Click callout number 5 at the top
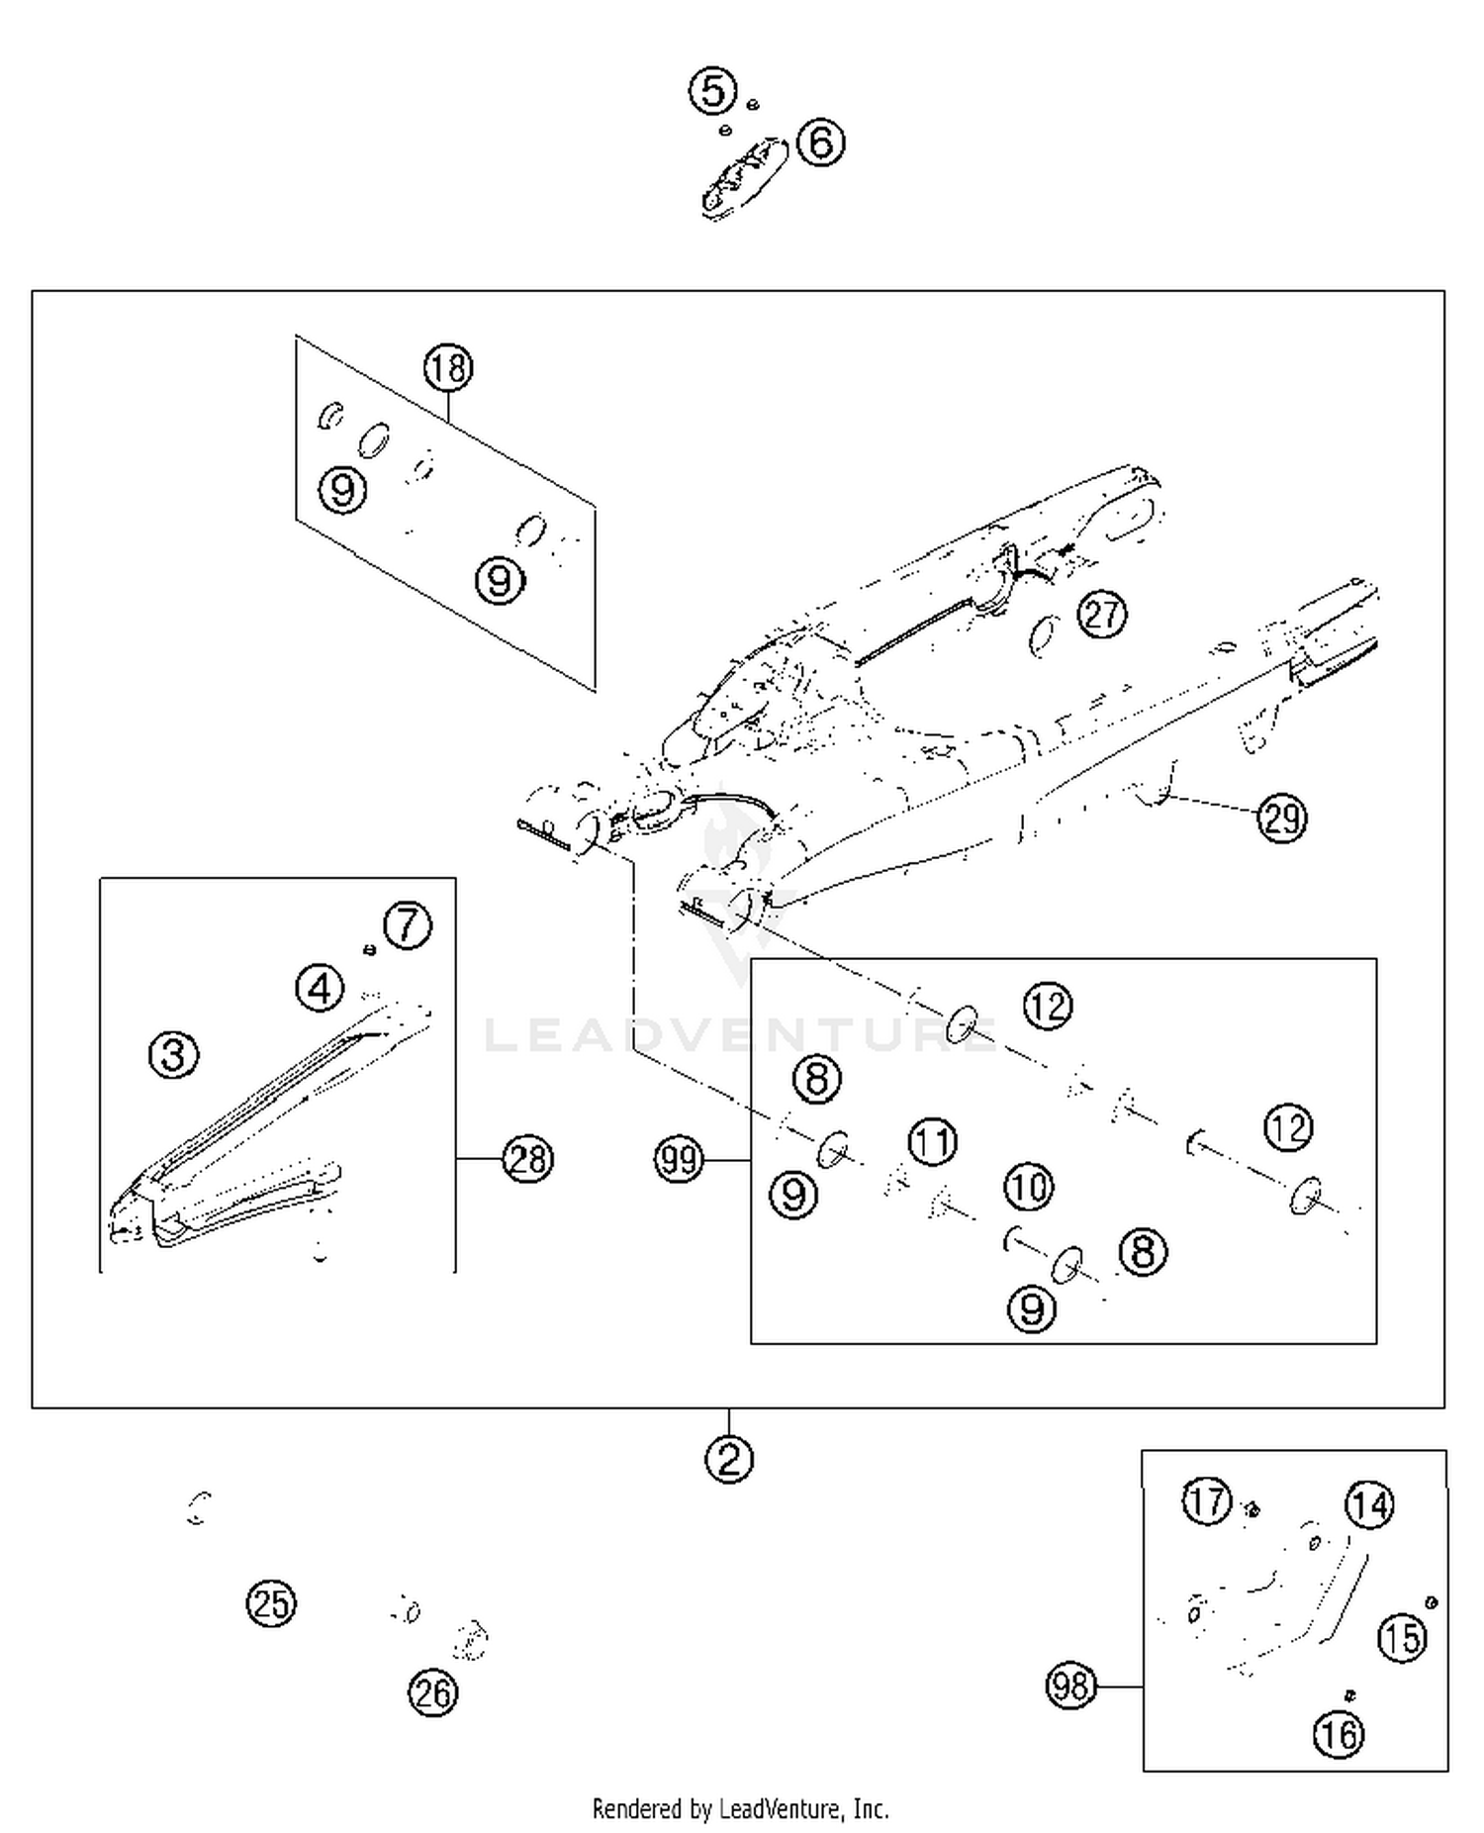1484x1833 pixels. pyautogui.click(x=712, y=91)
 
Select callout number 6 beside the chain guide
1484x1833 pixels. pyautogui.click(x=821, y=142)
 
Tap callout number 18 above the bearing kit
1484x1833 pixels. pyautogui.click(x=448, y=368)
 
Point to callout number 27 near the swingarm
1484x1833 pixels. pyautogui.click(x=1102, y=615)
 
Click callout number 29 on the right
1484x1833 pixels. pyautogui.click(x=1282, y=819)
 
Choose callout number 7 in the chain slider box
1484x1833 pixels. pyautogui.click(x=408, y=925)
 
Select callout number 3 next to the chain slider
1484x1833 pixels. pyautogui.click(x=173, y=1055)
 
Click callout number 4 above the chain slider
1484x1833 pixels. pyautogui.click(x=320, y=988)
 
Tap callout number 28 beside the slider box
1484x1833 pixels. pyautogui.click(x=527, y=1158)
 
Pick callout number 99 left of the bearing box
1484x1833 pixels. pyautogui.click(x=680, y=1159)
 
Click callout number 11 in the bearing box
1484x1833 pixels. pyautogui.click(x=932, y=1141)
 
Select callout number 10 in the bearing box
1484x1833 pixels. pyautogui.click(x=1029, y=1186)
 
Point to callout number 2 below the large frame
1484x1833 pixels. pyautogui.click(x=729, y=1459)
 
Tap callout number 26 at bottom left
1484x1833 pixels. pyautogui.click(x=432, y=1693)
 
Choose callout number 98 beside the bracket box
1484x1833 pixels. pyautogui.click(x=1070, y=1685)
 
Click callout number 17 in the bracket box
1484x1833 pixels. pyautogui.click(x=1207, y=1500)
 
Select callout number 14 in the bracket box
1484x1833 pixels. pyautogui.click(x=1369, y=1505)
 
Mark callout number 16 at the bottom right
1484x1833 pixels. pyautogui.click(x=1339, y=1733)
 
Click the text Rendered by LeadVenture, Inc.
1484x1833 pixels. pyautogui.click(x=740, y=1809)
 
